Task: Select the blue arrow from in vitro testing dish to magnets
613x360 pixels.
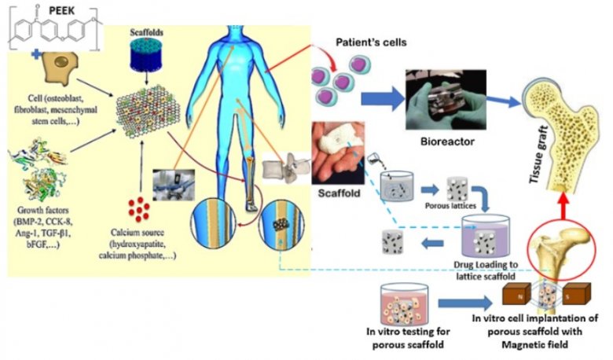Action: click(460, 303)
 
